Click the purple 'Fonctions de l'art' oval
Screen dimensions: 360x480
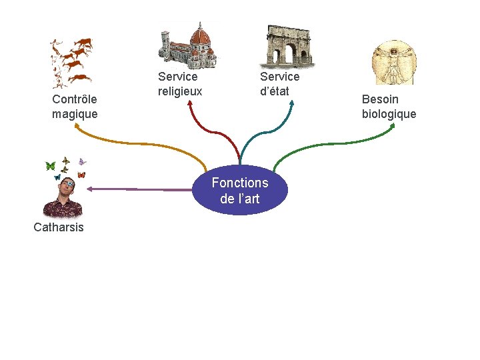point(240,190)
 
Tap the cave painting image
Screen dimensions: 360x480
point(71,63)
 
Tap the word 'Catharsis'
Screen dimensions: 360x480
point(59,227)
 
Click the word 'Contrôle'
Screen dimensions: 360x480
point(75,99)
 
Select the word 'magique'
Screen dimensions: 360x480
point(75,114)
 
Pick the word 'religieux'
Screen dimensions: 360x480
point(180,91)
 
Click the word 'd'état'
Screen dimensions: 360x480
point(275,91)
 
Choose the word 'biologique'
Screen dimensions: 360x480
point(389,114)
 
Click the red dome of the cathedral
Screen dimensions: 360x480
point(199,34)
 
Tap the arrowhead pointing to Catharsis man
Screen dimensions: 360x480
point(90,189)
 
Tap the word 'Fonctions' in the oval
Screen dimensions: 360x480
point(240,183)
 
